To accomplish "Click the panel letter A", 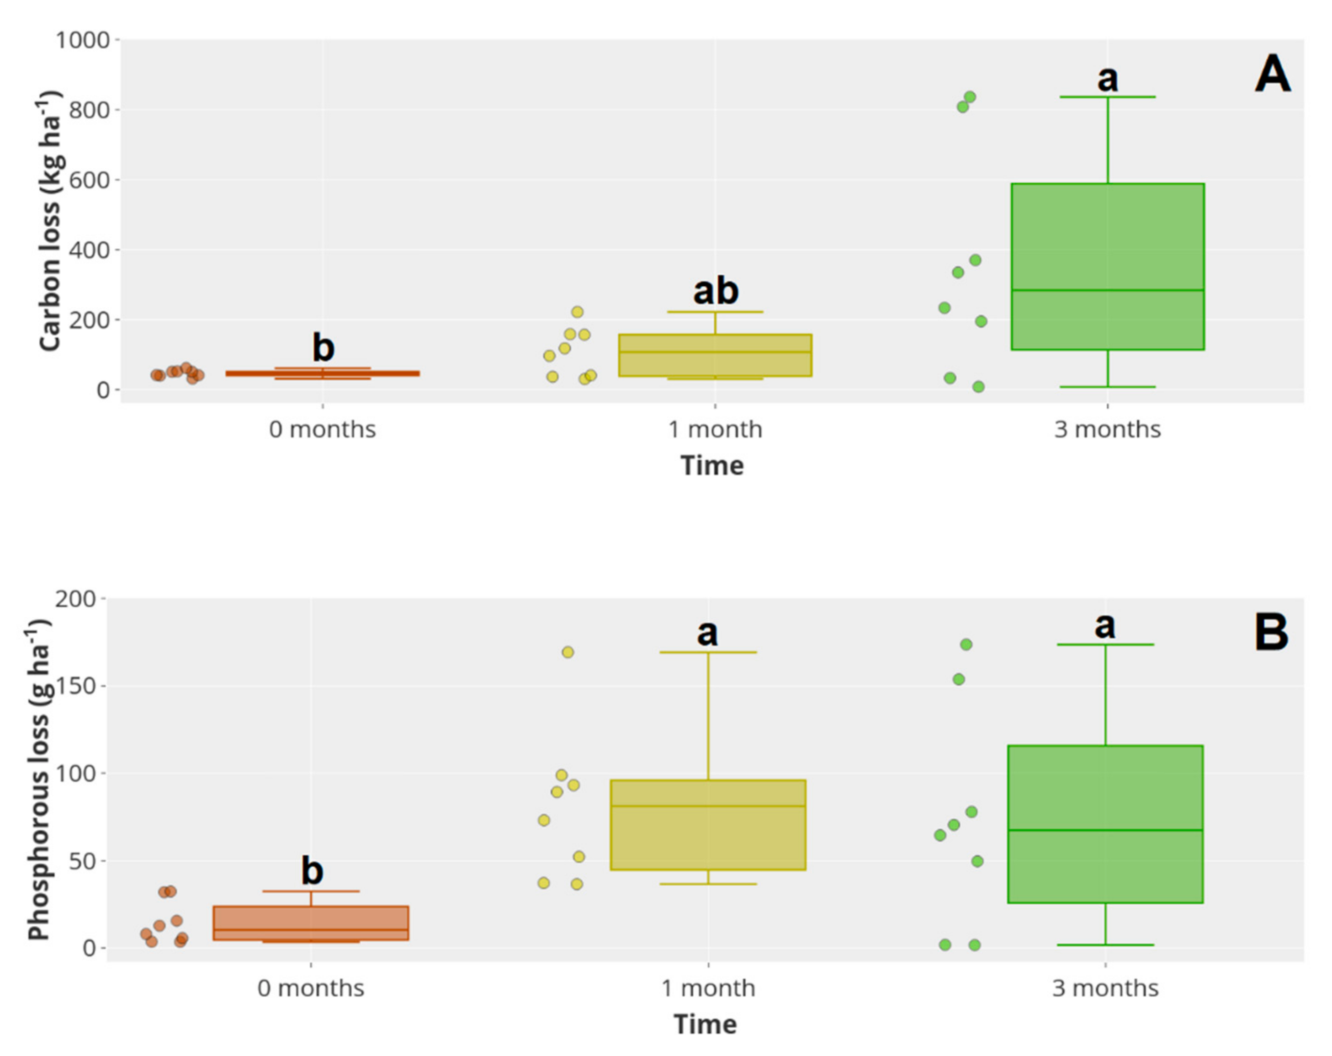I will click(1272, 74).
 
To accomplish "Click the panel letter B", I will click(1271, 633).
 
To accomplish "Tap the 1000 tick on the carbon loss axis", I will click(83, 41).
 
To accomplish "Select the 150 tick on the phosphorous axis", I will click(76, 687).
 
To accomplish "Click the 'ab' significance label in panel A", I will click(716, 290).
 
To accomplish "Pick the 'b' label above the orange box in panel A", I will click(323, 347).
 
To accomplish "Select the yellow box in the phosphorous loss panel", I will click(708, 825).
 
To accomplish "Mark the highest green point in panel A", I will click(970, 97).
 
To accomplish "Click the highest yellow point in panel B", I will click(568, 652).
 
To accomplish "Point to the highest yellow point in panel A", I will click(577, 312).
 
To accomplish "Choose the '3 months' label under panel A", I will click(1107, 429).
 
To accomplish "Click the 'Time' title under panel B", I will click(705, 1024).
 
